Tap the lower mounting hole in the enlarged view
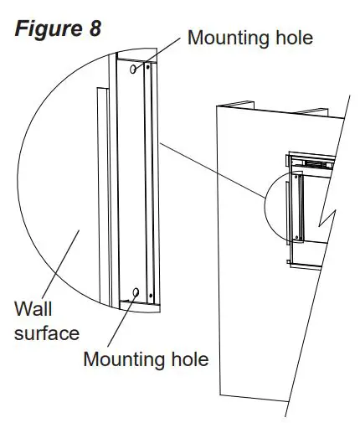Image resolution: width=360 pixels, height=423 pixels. [x=136, y=291]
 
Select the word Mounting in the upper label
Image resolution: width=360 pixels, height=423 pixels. [x=224, y=37]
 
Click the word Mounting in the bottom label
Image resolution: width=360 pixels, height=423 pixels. [x=120, y=360]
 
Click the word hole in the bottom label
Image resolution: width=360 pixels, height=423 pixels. [x=187, y=360]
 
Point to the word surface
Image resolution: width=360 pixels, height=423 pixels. [x=47, y=333]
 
